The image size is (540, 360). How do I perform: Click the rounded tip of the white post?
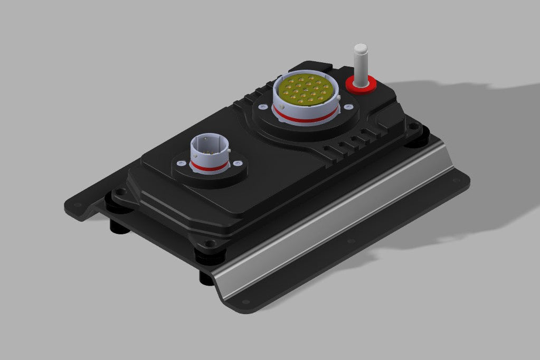360,49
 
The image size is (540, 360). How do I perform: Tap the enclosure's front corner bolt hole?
211,243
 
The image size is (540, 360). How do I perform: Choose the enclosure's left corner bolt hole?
120,193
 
